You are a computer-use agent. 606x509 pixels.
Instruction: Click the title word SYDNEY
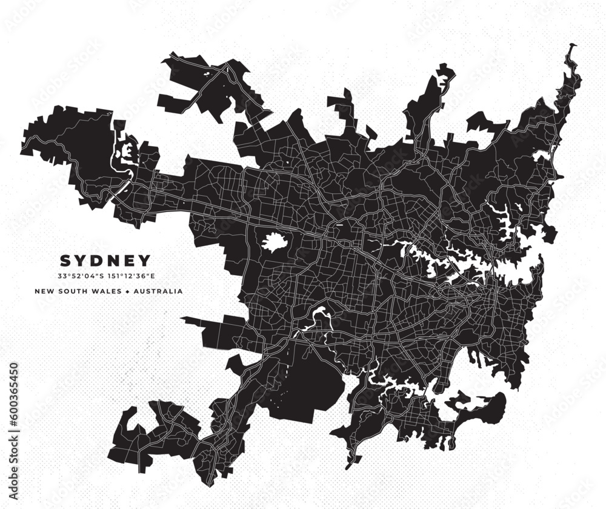coord(105,261)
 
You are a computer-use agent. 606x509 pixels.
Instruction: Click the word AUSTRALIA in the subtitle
coord(158,291)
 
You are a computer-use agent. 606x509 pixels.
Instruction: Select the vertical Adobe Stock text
coord(14,394)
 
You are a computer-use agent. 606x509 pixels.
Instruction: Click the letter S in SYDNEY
coord(65,261)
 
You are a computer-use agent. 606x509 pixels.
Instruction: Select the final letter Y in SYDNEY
coord(145,261)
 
